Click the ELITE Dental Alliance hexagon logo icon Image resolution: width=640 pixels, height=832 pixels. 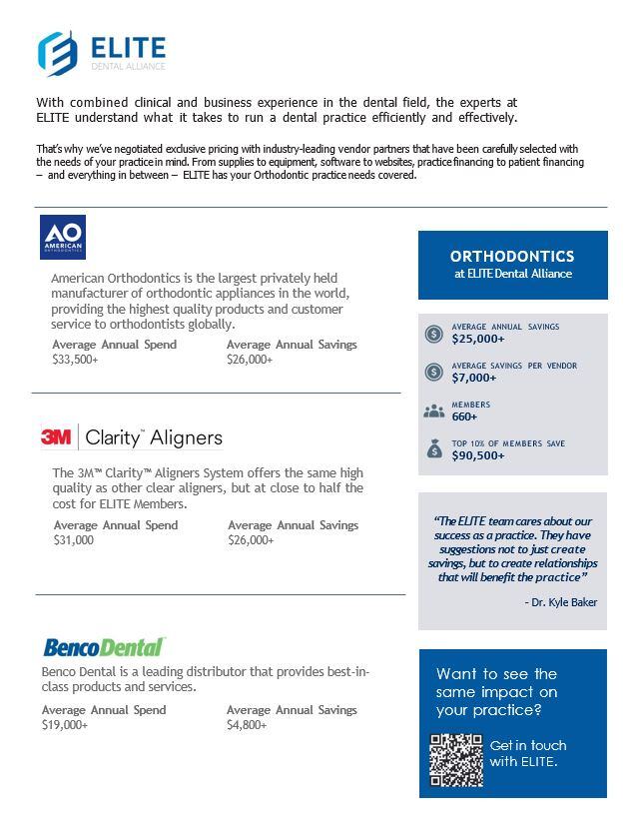tap(57, 52)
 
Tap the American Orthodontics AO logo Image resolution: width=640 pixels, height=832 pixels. tap(63, 238)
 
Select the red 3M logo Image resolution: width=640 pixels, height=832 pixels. tap(55, 437)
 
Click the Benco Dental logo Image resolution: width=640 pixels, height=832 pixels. tap(104, 646)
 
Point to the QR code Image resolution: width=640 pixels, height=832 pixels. tap(456, 760)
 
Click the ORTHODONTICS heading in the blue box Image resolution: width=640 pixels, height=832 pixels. tap(512, 257)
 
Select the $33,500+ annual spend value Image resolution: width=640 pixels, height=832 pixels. tap(75, 360)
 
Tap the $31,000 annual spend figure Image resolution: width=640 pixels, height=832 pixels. tap(74, 540)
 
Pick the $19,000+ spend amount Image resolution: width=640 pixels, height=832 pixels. tap(65, 725)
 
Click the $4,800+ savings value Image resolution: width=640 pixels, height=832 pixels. tap(247, 725)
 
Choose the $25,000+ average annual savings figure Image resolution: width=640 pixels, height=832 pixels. tap(478, 339)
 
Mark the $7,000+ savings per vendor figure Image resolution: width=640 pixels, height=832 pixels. tap(474, 378)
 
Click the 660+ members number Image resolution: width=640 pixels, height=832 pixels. tap(465, 416)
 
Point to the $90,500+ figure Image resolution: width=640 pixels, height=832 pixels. tap(478, 455)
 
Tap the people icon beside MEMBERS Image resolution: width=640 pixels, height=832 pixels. tap(433, 411)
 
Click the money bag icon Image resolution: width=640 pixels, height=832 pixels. tap(433, 449)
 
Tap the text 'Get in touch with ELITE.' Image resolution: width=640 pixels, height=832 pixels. tap(528, 754)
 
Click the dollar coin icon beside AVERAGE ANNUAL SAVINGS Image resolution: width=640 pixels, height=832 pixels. tap(433, 334)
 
